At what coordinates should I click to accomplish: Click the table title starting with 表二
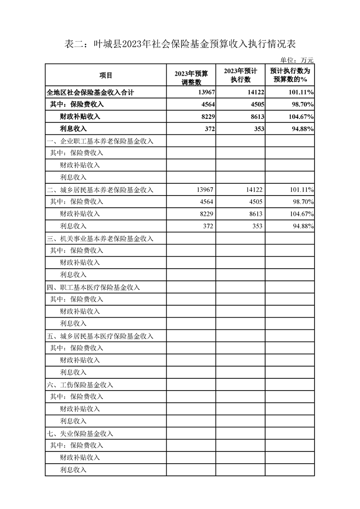pyautogui.click(x=180, y=44)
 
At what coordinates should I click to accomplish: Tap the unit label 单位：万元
pyautogui.click(x=297, y=60)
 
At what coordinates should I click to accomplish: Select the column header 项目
pyautogui.click(x=106, y=75)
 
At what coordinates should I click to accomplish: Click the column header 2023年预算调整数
pyautogui.click(x=191, y=75)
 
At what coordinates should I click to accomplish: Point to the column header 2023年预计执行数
pyautogui.click(x=241, y=75)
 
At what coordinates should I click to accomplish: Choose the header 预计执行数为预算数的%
pyautogui.click(x=290, y=75)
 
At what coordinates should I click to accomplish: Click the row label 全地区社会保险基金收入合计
pyautogui.click(x=90, y=92)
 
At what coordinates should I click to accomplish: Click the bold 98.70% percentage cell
pyautogui.click(x=301, y=104)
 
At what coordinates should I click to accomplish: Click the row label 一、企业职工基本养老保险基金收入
pyautogui.click(x=100, y=141)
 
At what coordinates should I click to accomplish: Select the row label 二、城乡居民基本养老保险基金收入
pyautogui.click(x=100, y=190)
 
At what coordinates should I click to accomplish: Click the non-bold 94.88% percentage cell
pyautogui.click(x=301, y=226)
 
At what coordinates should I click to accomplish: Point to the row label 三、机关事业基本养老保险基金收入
pyautogui.click(x=100, y=238)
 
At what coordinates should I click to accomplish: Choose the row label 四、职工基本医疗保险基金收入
pyautogui.click(x=94, y=287)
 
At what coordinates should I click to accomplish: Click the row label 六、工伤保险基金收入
pyautogui.click(x=80, y=385)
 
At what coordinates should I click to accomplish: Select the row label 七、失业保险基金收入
pyautogui.click(x=80, y=433)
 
